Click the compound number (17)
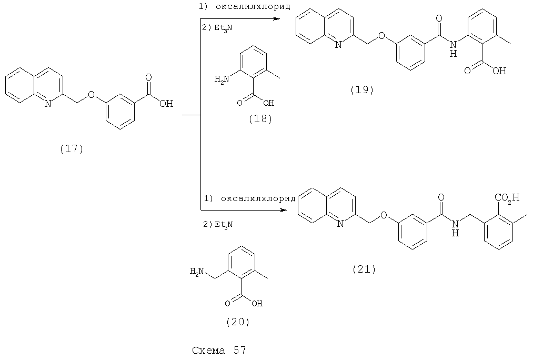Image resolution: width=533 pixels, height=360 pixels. click(x=72, y=149)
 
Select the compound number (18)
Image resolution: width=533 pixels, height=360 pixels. click(x=261, y=118)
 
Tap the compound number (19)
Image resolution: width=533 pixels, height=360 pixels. click(x=362, y=89)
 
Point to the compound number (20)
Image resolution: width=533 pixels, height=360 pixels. click(x=238, y=322)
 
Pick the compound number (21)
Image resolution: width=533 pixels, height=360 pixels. click(x=364, y=269)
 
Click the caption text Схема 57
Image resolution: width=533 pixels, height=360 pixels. click(x=219, y=350)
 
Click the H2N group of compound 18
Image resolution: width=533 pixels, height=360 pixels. click(x=222, y=80)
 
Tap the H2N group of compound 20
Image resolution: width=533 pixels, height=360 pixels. click(x=197, y=271)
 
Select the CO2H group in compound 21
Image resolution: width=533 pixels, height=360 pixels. click(x=507, y=198)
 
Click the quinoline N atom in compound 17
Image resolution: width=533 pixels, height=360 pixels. click(x=48, y=103)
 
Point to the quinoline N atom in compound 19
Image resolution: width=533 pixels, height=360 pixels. click(x=338, y=45)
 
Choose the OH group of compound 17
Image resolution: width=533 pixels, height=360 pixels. click(x=166, y=103)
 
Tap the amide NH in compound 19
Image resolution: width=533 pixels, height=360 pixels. click(x=453, y=48)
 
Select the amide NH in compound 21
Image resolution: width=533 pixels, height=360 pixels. click(x=456, y=228)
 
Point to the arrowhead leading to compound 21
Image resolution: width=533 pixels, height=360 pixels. click(x=282, y=210)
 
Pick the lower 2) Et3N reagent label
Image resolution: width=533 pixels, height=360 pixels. click(x=218, y=224)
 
